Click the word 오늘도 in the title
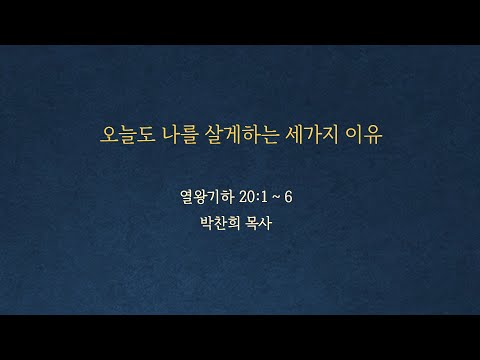click(128, 135)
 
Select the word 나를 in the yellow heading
click(180, 135)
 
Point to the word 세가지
click(312, 135)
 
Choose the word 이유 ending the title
click(363, 135)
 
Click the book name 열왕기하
click(207, 197)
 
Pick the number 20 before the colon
click(246, 197)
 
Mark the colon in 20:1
click(256, 198)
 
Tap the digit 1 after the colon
click(263, 197)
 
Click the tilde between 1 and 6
click(276, 197)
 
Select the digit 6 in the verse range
click(288, 197)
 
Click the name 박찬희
click(220, 223)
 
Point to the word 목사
click(258, 223)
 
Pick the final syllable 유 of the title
click(373, 135)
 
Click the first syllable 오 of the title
click(109, 135)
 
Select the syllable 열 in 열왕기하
click(187, 197)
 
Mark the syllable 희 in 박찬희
click(234, 223)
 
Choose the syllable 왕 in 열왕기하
click(200, 197)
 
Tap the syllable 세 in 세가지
click(294, 135)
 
